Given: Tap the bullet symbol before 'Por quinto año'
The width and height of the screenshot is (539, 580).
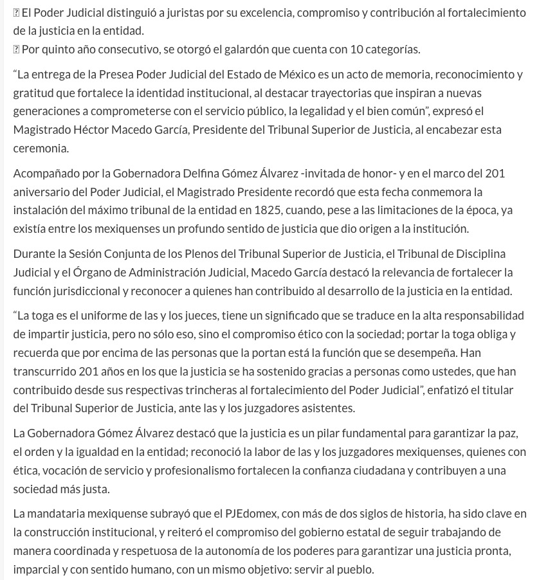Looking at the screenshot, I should (x=17, y=50).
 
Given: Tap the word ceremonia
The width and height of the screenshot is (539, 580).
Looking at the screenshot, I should (x=41, y=148).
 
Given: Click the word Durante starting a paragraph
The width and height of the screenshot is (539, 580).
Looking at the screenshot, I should (x=36, y=254).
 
